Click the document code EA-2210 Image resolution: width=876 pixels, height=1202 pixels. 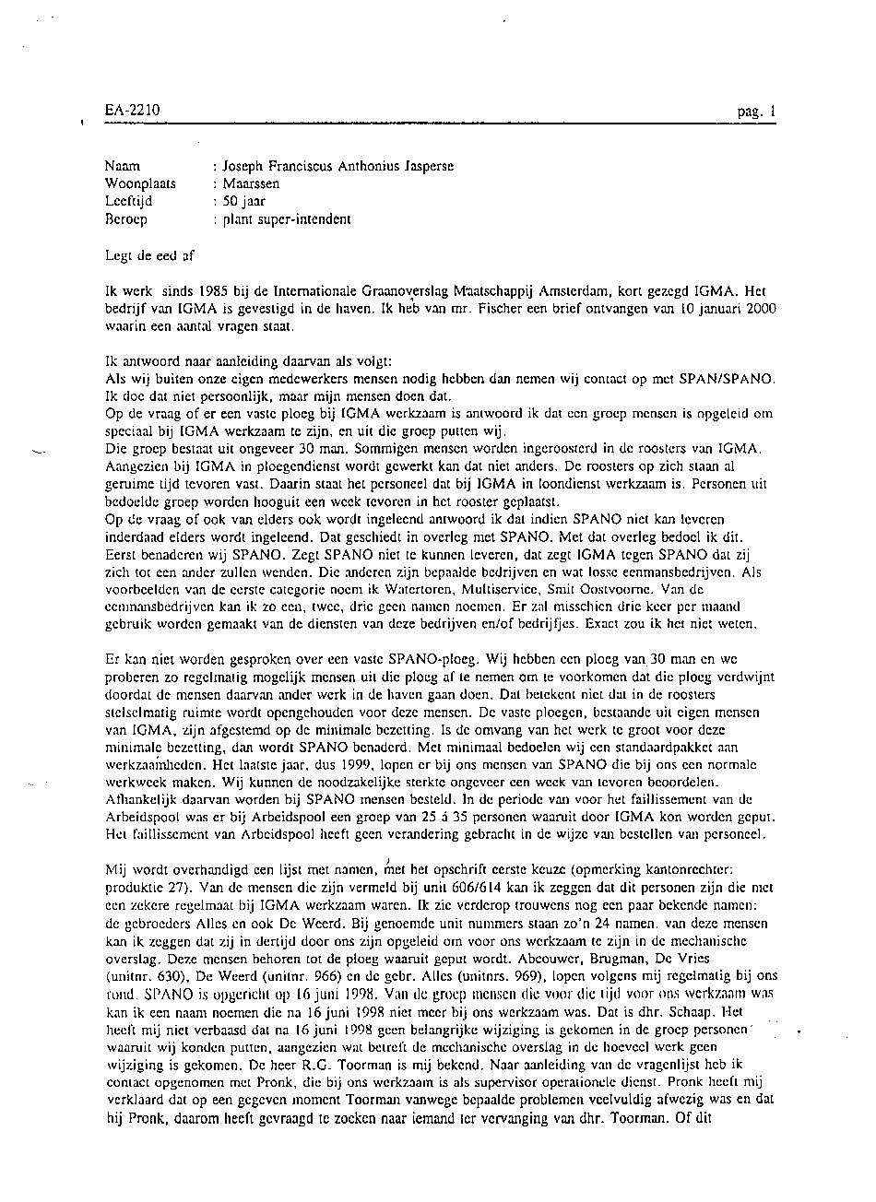pyautogui.click(x=132, y=111)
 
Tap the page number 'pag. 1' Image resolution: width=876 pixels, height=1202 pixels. pyautogui.click(x=757, y=112)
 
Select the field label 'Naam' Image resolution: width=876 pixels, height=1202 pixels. pyautogui.click(x=123, y=167)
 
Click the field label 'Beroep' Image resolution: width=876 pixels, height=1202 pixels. pyautogui.click(x=126, y=219)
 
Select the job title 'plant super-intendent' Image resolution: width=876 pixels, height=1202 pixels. pyautogui.click(x=286, y=219)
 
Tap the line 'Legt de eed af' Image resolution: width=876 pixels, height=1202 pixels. pyautogui.click(x=149, y=255)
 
